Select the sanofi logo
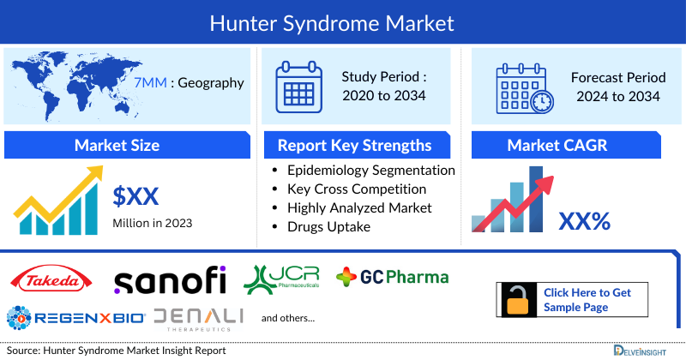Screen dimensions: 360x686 (170, 279)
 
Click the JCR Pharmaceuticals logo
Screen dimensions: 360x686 (280, 278)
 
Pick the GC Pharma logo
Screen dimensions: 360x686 (392, 277)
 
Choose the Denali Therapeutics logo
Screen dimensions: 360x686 (200, 318)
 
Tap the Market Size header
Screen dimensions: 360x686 (117, 145)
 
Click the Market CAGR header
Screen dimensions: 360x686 (569, 145)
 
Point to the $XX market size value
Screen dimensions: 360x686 (136, 196)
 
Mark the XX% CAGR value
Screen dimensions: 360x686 (584, 222)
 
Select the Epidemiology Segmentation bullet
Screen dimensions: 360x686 (370, 170)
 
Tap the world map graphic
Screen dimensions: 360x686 (73, 83)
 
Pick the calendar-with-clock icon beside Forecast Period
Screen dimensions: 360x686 (525, 89)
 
